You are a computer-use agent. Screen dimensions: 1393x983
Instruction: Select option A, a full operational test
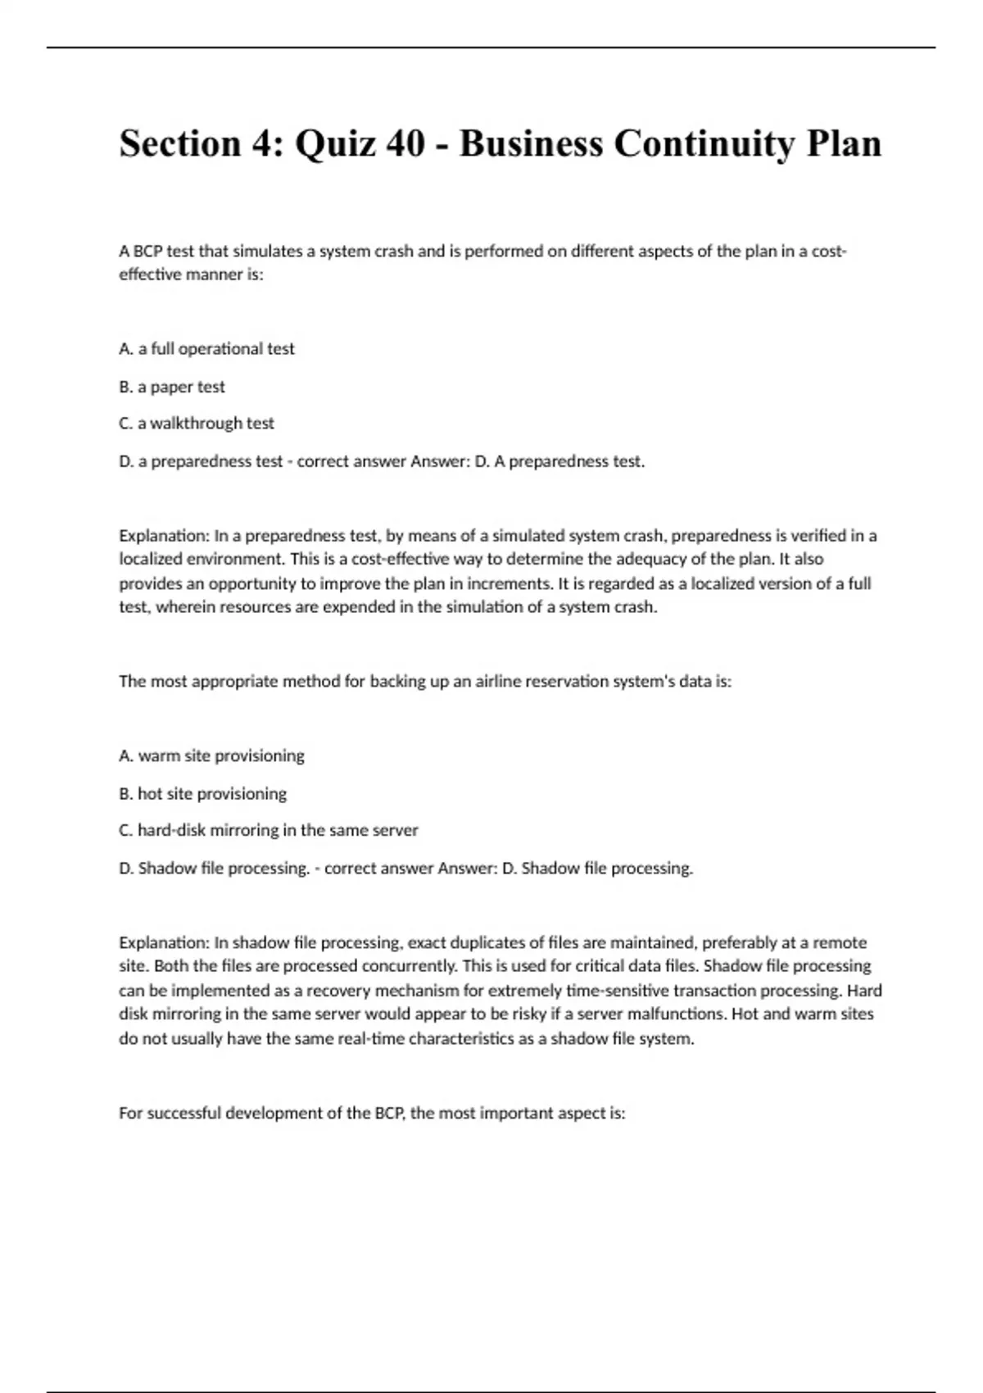[x=206, y=349]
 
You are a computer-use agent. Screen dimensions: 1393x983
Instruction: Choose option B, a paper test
[x=172, y=387]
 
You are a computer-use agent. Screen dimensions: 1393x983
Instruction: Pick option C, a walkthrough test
[x=197, y=424]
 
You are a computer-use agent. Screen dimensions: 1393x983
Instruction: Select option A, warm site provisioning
[x=211, y=755]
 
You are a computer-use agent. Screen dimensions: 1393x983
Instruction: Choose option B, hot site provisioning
[x=203, y=793]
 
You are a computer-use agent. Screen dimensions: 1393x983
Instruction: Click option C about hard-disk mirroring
[x=269, y=830]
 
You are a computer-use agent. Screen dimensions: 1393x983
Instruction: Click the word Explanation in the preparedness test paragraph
[x=164, y=536]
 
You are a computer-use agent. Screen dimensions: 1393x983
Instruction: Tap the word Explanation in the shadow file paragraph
[x=164, y=942]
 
